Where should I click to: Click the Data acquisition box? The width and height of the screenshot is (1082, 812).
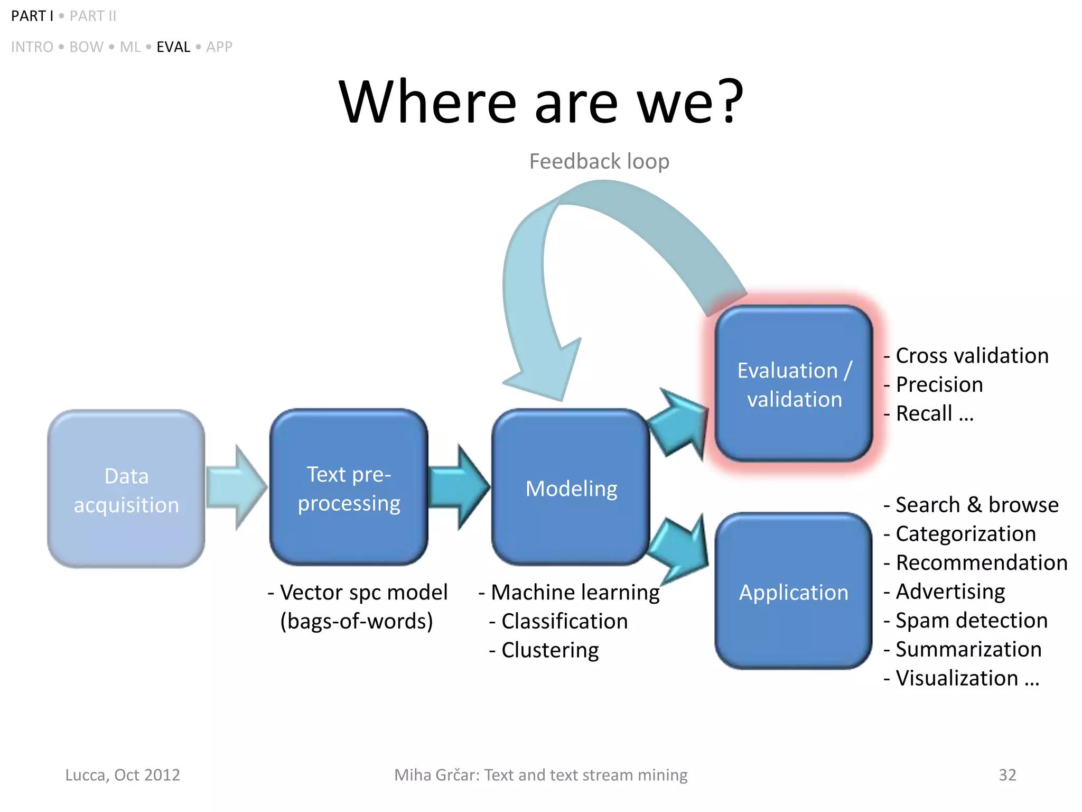[126, 490]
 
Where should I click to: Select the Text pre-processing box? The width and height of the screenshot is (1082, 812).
[349, 488]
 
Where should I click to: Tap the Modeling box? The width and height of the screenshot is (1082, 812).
[571, 488]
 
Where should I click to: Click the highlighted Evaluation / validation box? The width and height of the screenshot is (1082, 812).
[793, 384]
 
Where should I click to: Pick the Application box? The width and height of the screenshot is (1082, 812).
[793, 592]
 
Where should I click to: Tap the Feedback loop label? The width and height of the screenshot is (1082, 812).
[599, 161]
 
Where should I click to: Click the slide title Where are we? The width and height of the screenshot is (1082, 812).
[541, 101]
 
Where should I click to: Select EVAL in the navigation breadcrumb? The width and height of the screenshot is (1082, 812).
[173, 47]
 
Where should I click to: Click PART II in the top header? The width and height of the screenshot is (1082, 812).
[93, 16]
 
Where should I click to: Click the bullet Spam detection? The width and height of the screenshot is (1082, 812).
[971, 620]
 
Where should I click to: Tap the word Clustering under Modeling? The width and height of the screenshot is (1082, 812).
[549, 650]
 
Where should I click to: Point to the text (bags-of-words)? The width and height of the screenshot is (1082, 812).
[357, 621]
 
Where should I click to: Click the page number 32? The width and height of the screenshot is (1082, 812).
[1007, 775]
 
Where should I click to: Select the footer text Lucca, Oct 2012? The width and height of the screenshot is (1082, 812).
[123, 775]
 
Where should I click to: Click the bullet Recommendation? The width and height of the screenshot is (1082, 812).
[981, 562]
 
